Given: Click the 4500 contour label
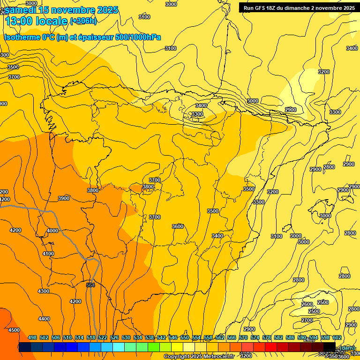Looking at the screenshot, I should tap(14, 330).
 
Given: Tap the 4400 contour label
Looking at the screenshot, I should tap(44, 319).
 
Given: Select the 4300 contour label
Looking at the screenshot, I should tap(44, 291).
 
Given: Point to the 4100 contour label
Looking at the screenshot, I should tap(48, 254).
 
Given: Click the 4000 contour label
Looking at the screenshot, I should tap(52, 231).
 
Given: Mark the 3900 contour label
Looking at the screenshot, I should tap(64, 198).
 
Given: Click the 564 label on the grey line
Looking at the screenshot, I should tap(90, 285).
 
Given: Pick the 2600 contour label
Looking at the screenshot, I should tap(307, 304).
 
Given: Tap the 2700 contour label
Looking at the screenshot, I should tap(307, 320).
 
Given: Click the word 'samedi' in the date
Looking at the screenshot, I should tap(20, 10).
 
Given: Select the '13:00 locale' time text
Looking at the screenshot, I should tap(36, 21).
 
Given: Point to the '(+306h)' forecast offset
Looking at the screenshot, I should tap(83, 21).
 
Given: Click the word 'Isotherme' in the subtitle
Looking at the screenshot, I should tap(22, 37).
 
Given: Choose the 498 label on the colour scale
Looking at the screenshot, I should tap(32, 337).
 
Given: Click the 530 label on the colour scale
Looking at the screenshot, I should tap(126, 337).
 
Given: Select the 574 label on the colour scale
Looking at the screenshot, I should tap(255, 337).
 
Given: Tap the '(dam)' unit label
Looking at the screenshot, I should tap(347, 347).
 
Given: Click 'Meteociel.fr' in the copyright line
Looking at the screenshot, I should tap(219, 357).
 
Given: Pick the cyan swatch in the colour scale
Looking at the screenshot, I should tap(119, 347).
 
